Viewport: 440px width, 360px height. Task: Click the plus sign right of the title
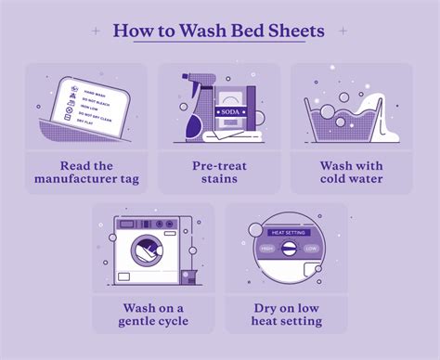pyautogui.click(x=343, y=31)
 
